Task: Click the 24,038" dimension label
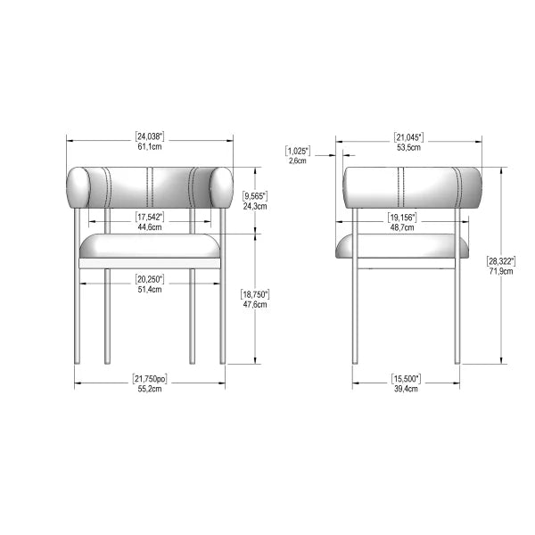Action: [149, 136]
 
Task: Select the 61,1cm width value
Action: [149, 147]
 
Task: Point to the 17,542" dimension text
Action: [149, 217]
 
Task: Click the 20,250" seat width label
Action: [149, 278]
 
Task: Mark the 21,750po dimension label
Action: [149, 380]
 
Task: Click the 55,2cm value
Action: [149, 391]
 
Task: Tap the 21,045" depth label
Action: [408, 136]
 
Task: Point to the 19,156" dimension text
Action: [402, 217]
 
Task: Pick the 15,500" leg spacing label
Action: [407, 379]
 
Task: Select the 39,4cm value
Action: [407, 390]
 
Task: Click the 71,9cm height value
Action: [500, 272]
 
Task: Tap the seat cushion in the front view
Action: [150, 245]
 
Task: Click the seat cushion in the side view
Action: [409, 245]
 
